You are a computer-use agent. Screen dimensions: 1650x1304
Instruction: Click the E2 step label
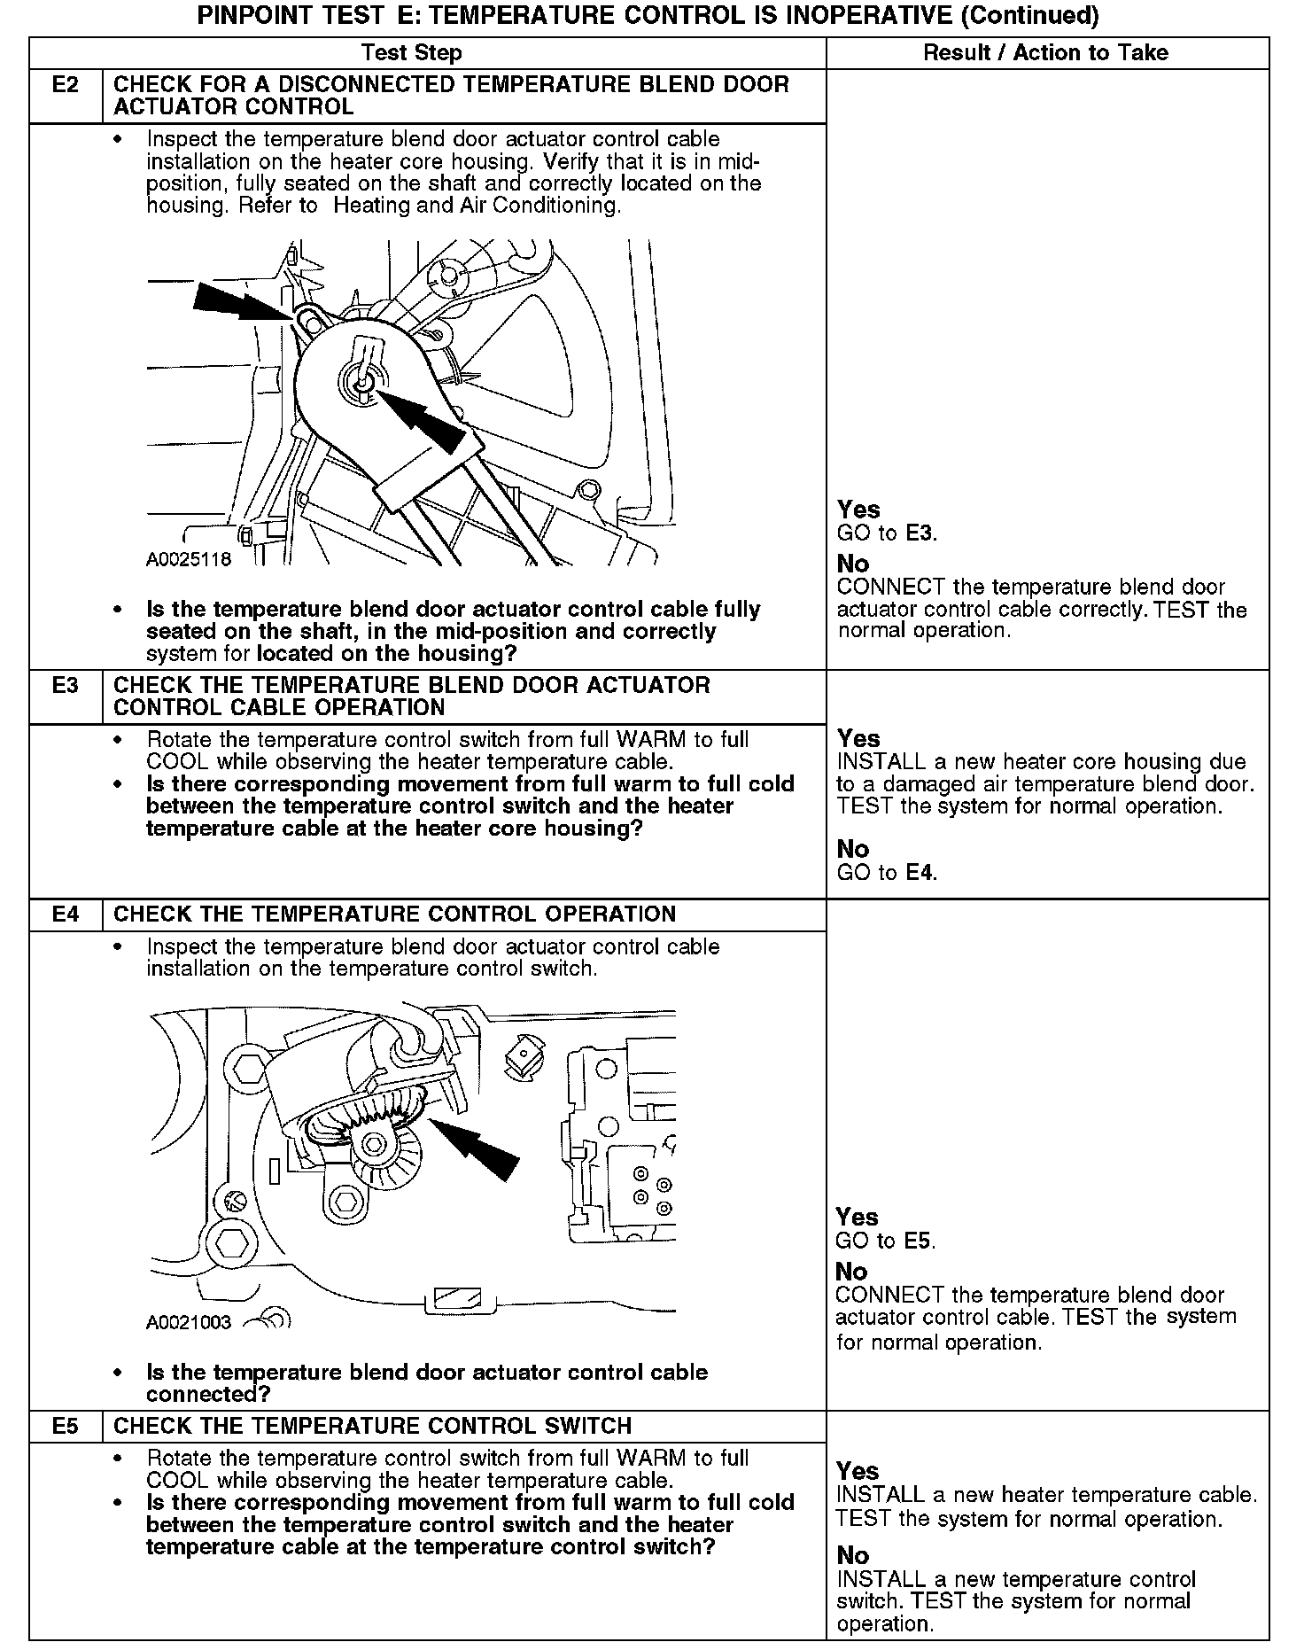pos(66,86)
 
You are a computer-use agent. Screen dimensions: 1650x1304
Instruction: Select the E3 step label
pos(66,686)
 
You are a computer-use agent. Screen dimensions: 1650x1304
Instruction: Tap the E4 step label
pos(66,915)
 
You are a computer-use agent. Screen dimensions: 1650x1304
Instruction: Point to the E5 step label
pos(66,1426)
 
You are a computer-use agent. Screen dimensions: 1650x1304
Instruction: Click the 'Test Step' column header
pos(412,53)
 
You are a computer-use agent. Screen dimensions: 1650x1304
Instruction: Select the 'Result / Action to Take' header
pos(1045,53)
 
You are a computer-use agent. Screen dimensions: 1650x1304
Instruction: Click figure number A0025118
pos(189,559)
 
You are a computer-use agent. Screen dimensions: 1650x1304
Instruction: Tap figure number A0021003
pos(189,1322)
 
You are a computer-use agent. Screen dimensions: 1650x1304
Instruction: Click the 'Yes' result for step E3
pos(858,739)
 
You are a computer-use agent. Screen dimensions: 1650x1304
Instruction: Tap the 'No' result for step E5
pos(852,1555)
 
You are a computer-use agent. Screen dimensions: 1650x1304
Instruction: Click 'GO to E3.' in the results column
pos(887,533)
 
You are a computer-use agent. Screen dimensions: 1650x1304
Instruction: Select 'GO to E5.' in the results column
pos(886,1241)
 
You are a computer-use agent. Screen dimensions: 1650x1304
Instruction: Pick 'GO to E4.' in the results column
pos(887,873)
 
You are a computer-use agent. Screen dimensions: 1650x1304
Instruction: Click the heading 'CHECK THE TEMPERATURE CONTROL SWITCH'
pos(373,1426)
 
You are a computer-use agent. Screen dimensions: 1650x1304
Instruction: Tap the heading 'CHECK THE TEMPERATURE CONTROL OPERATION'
pos(395,915)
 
